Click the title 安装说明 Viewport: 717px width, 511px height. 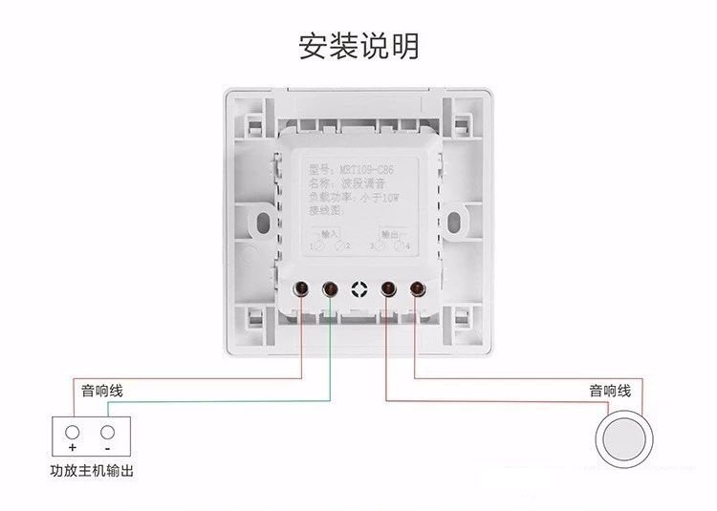coord(358,46)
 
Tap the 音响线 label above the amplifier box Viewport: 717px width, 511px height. coord(101,391)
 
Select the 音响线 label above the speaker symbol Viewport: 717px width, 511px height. coord(609,391)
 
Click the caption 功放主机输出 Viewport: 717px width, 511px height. coord(92,471)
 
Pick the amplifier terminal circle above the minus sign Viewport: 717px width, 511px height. coord(106,431)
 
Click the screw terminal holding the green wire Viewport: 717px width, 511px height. coord(331,287)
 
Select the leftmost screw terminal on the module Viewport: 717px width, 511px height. coord(301,287)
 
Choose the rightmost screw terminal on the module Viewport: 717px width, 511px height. coord(418,287)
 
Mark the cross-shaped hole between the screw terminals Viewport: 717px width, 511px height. coord(359,288)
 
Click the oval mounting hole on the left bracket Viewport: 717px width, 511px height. coord(260,221)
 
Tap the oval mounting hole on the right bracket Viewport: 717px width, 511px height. coord(459,221)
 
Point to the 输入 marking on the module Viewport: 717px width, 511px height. coord(329,233)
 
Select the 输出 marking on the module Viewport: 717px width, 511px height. coord(389,233)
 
